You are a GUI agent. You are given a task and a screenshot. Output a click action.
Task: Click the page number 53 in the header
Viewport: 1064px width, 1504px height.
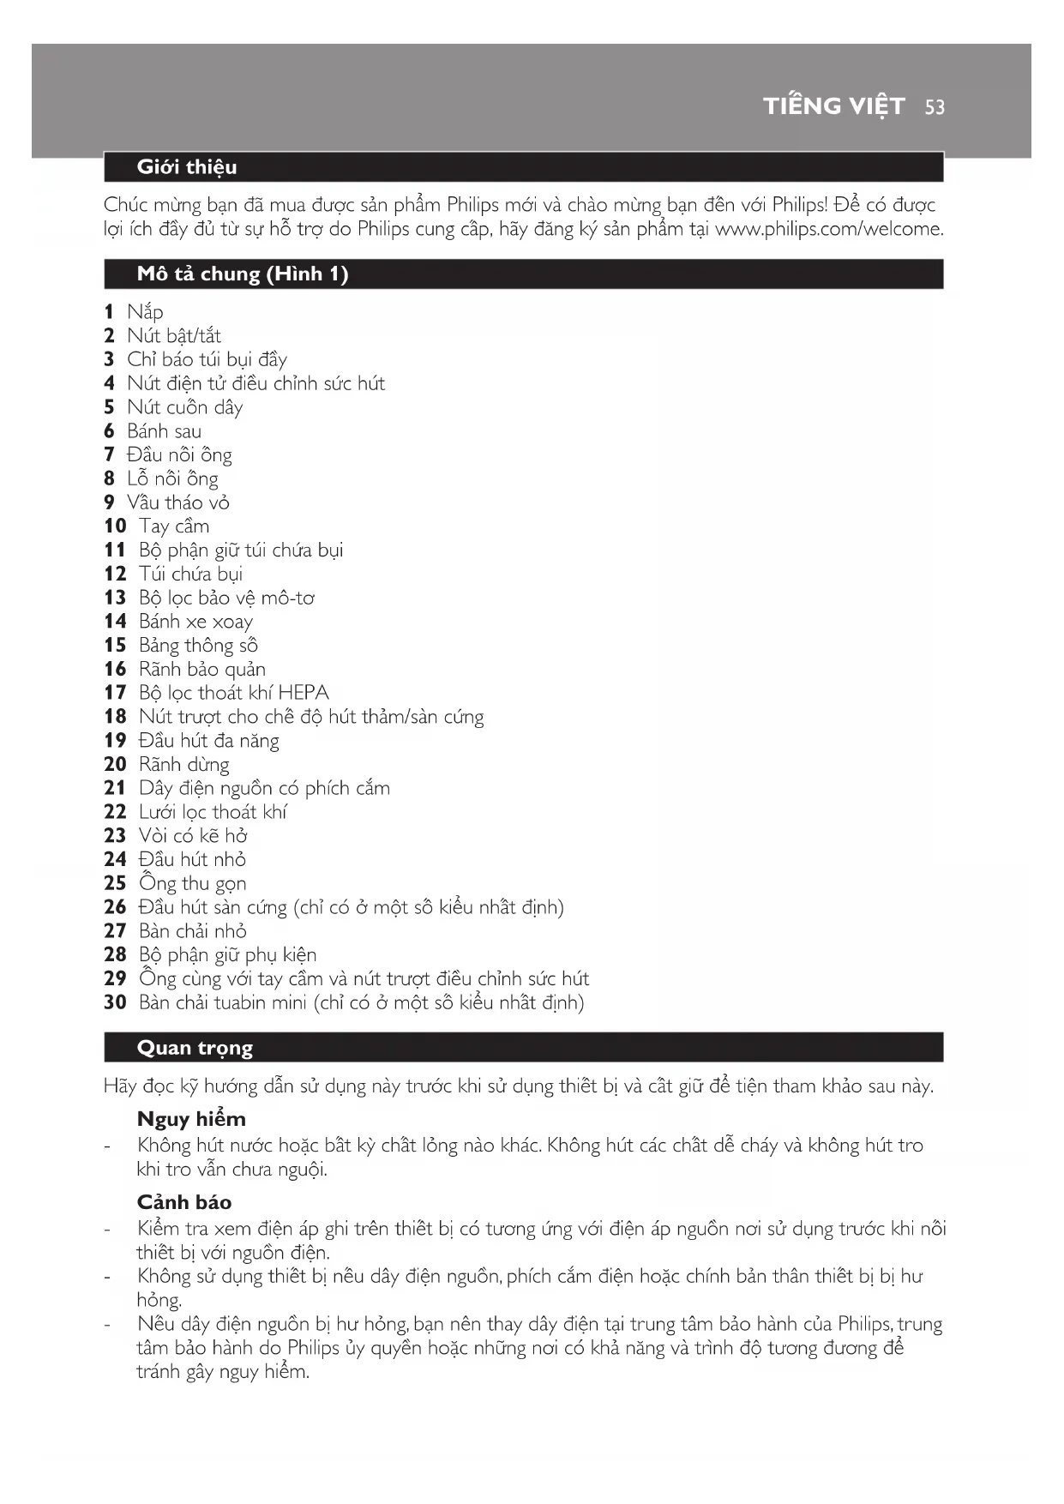(935, 107)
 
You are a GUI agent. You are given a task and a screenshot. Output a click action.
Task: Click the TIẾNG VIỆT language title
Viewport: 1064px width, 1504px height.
(833, 106)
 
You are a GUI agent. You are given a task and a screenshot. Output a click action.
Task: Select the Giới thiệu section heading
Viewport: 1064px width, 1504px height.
(187, 167)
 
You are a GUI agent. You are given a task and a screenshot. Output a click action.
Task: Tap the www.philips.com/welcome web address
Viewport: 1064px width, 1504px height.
(828, 229)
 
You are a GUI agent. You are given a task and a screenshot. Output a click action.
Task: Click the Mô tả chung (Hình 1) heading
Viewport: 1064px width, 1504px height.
(243, 274)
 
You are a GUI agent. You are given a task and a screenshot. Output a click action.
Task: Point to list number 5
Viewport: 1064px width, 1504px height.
(109, 407)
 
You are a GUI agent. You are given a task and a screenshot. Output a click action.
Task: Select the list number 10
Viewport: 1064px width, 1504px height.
(115, 526)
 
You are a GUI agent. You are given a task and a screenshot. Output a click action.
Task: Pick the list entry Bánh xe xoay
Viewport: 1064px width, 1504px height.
(195, 622)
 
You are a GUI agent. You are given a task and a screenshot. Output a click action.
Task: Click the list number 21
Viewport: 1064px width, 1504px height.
(115, 788)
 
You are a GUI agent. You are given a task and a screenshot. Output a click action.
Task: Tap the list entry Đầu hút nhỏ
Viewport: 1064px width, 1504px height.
(192, 859)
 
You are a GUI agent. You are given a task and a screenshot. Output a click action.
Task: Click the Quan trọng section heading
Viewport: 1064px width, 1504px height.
(195, 1048)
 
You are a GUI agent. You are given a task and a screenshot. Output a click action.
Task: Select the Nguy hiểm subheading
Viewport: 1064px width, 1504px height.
(191, 1119)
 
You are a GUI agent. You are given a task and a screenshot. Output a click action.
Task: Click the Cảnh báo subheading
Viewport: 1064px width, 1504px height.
(184, 1202)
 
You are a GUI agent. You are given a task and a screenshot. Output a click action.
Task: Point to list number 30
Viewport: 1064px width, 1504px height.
(115, 1002)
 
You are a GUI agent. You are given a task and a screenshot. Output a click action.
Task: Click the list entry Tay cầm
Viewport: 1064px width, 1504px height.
(174, 526)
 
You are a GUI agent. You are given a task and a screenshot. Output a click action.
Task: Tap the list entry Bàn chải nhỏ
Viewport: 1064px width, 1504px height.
(193, 931)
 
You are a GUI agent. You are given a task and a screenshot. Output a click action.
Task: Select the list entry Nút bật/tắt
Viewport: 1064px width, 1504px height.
(174, 336)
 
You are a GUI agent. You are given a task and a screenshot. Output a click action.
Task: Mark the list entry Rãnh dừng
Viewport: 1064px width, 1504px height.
(184, 764)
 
